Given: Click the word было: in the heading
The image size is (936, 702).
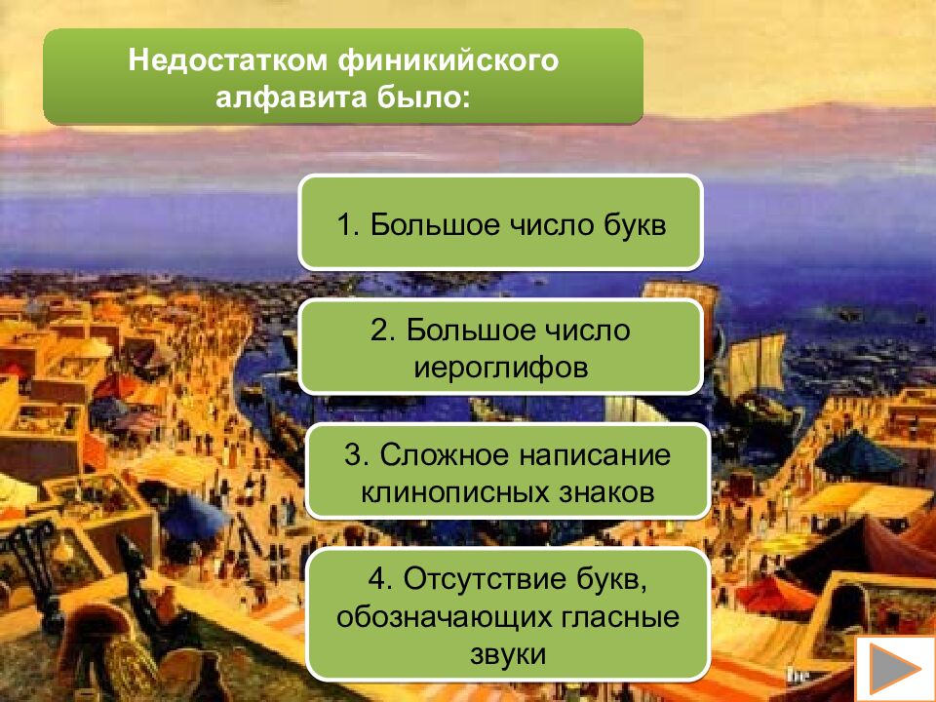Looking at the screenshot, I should click(424, 98).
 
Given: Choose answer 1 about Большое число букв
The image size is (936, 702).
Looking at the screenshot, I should click(500, 222).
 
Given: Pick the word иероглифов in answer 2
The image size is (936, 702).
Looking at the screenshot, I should click(500, 368).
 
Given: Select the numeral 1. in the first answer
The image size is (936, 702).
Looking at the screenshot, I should click(348, 225).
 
